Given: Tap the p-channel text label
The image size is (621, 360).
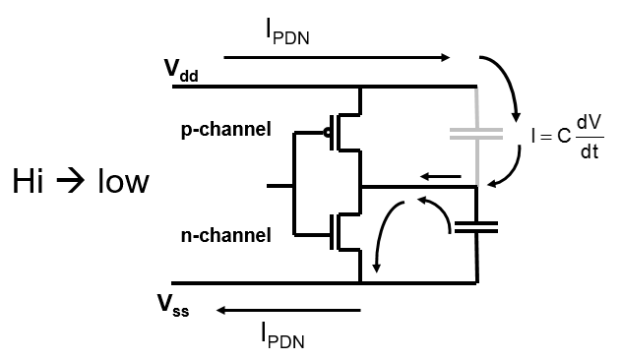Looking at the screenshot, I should (225, 129).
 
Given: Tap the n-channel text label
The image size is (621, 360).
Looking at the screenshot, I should (225, 235).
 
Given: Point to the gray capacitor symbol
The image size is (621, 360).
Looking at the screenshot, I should (475, 135).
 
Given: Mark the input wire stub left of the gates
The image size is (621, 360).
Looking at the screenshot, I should (279, 185).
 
